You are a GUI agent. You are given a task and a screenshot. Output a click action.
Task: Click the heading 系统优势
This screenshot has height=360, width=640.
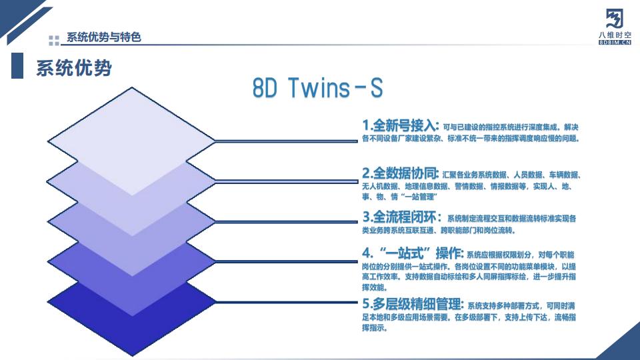73,68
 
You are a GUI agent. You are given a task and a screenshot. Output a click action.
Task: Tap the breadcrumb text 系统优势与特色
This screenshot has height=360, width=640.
104,37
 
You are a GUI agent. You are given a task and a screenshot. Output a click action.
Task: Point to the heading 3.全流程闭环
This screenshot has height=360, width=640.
400,217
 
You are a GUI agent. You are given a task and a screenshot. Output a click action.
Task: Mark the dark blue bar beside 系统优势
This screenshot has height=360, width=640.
17,67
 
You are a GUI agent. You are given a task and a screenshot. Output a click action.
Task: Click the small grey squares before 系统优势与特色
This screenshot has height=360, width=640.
54,39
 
